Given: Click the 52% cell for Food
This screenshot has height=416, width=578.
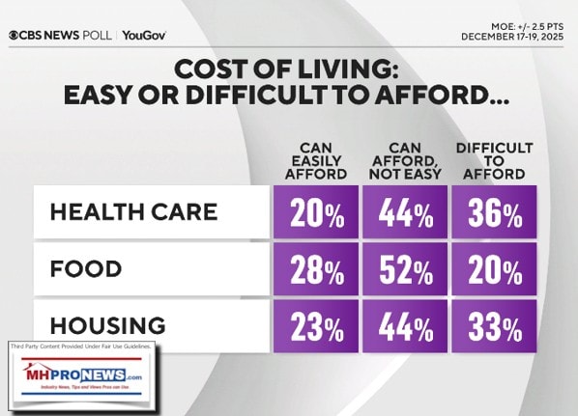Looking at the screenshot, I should coord(404,269).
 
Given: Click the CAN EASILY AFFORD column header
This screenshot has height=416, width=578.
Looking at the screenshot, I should coord(315,162).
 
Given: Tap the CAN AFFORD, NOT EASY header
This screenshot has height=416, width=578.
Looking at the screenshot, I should coord(404,162).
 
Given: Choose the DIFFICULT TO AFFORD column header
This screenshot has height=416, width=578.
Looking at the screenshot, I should coord(494,161).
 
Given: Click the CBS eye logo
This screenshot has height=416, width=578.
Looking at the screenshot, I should coord(14,36).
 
